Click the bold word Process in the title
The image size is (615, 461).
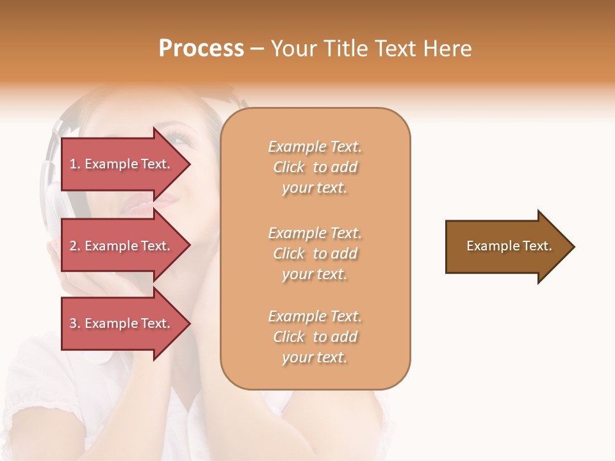point(201,49)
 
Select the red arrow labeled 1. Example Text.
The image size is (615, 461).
point(122,164)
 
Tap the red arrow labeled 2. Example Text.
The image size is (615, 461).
point(122,246)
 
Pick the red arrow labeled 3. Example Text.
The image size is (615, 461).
point(122,323)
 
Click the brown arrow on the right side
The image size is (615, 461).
point(506,246)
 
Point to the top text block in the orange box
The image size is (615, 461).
point(315,167)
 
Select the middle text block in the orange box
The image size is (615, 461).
point(315,254)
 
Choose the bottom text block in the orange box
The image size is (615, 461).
point(315,337)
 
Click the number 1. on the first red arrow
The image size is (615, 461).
point(75,164)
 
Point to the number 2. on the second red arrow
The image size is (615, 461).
point(75,246)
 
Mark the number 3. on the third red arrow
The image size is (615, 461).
point(75,323)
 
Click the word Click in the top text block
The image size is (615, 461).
point(289,167)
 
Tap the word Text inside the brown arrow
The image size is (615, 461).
point(537,246)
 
